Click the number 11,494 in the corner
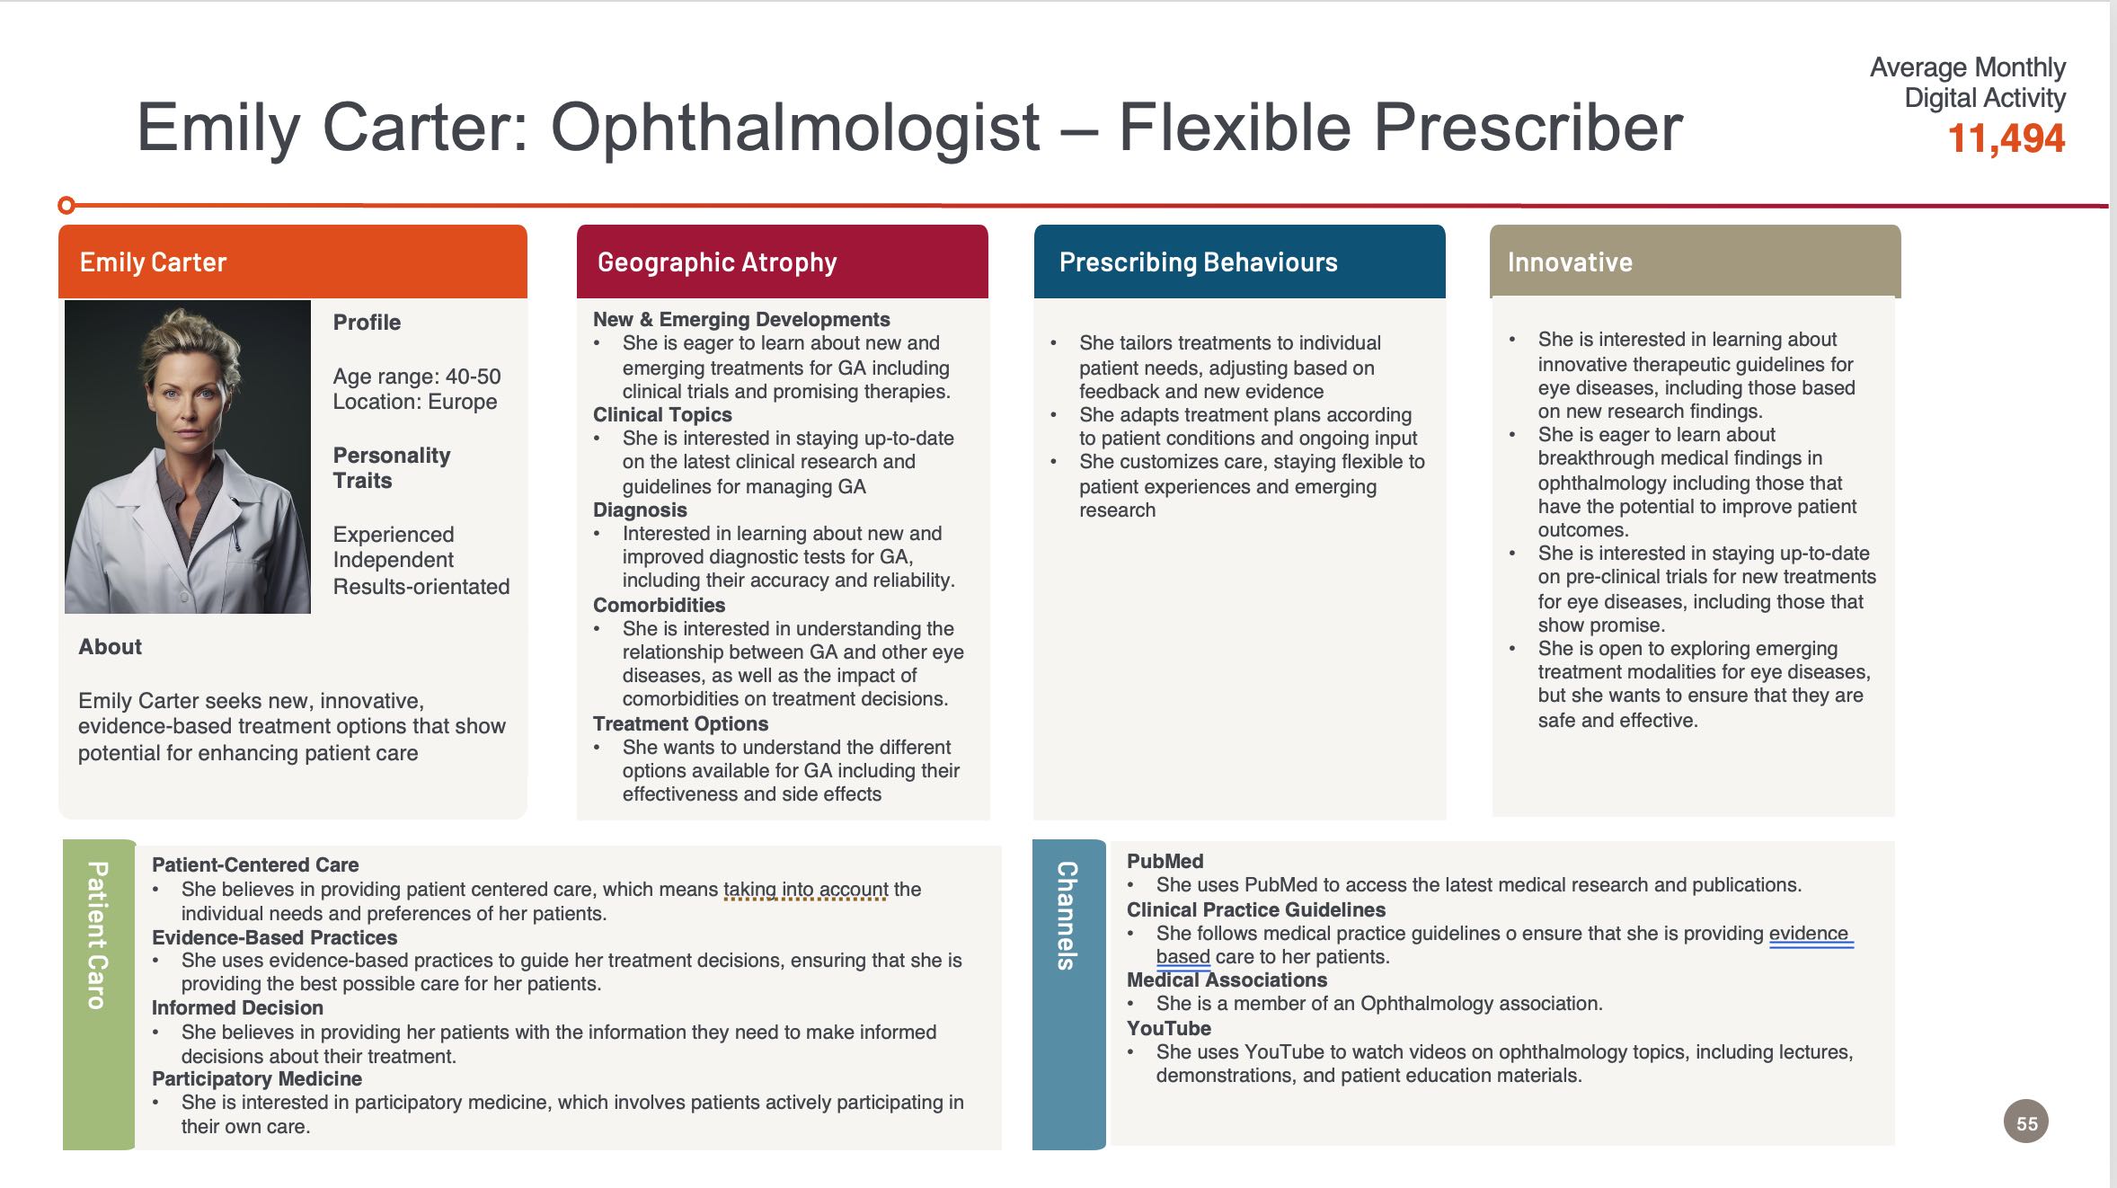click(x=2006, y=138)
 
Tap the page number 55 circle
click(x=2026, y=1122)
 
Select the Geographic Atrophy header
click(x=783, y=262)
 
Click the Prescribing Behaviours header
click(x=1240, y=262)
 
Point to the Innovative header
click(x=1696, y=262)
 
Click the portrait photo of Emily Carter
click(x=188, y=457)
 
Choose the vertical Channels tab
click(x=1068, y=995)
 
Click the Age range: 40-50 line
click(x=417, y=377)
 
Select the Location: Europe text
click(x=415, y=402)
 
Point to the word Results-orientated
click(x=421, y=587)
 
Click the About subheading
click(x=111, y=647)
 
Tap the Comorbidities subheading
click(x=659, y=605)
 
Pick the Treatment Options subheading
click(x=680, y=723)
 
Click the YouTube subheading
click(x=1169, y=1028)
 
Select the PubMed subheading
click(x=1165, y=861)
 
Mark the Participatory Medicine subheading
click(x=257, y=1078)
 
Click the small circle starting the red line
click(x=66, y=206)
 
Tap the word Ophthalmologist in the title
click(x=795, y=128)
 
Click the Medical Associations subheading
click(x=1227, y=980)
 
